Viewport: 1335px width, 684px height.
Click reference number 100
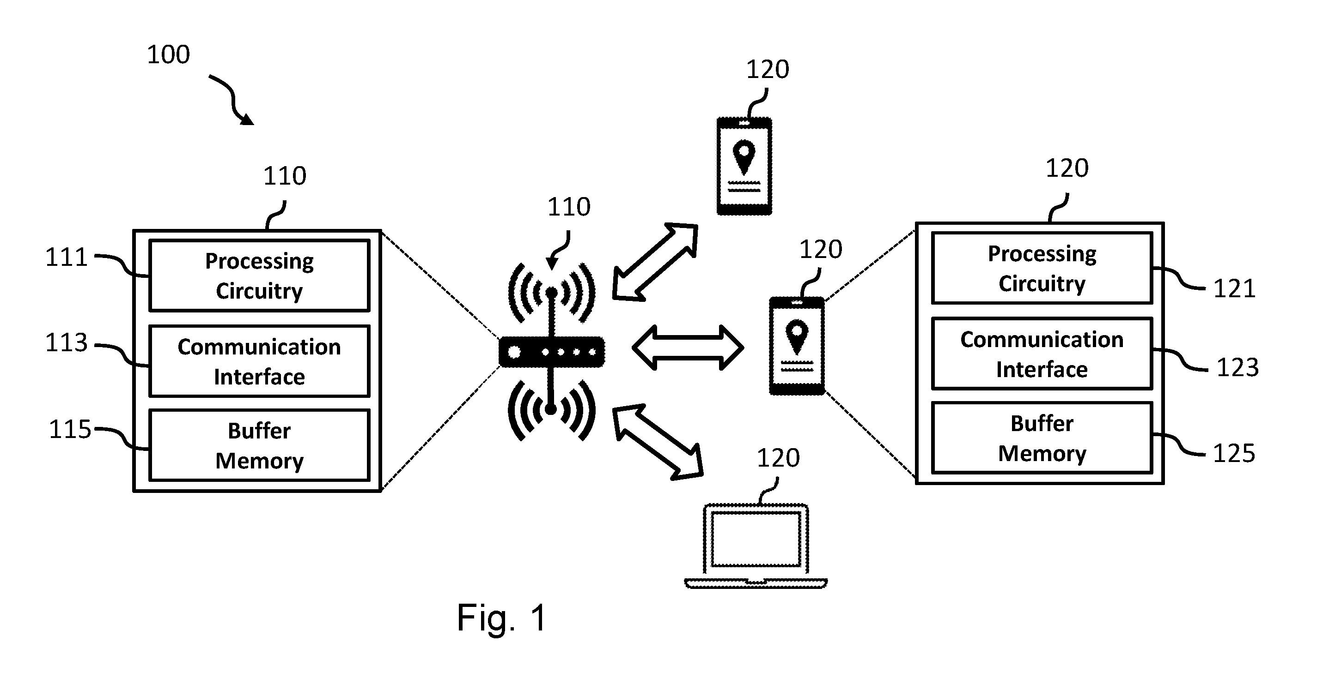(168, 54)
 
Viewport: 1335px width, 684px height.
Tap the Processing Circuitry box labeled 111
(259, 276)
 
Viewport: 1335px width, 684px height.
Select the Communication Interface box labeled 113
(259, 361)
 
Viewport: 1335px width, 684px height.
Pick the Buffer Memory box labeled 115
(259, 445)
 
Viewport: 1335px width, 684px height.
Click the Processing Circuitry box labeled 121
(1042, 268)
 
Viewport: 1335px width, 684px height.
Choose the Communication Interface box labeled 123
(1042, 354)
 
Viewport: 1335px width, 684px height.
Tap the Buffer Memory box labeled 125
(1042, 438)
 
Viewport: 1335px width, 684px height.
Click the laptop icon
(756, 546)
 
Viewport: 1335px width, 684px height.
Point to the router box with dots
(551, 352)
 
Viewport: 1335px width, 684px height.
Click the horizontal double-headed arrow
(688, 348)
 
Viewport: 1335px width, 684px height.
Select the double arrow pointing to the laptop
(658, 442)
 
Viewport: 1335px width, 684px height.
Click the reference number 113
(67, 342)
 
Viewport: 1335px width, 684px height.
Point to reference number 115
(70, 429)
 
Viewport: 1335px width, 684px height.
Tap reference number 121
(1234, 288)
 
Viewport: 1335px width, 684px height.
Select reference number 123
(1237, 368)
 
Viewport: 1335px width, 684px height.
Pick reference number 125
(1234, 454)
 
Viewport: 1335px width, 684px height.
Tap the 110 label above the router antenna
(569, 207)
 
